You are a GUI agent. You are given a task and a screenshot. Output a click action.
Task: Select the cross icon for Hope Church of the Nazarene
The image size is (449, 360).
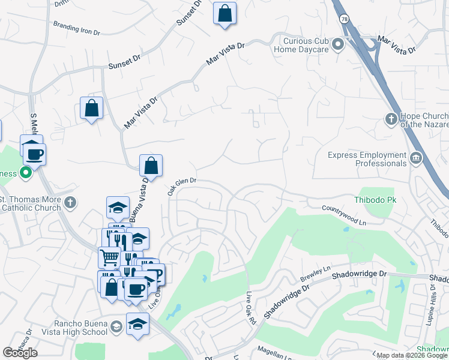391,120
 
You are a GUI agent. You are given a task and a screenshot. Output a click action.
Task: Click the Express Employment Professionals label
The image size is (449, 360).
367,159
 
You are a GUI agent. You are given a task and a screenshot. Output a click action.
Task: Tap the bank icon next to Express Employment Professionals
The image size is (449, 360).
415,159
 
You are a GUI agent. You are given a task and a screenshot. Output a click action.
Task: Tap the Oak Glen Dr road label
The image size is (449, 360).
181,186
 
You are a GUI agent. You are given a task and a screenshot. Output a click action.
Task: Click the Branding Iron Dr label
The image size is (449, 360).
76,28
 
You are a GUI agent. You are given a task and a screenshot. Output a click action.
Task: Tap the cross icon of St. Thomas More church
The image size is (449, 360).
70,202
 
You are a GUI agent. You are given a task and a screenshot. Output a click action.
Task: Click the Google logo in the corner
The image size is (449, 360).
20,353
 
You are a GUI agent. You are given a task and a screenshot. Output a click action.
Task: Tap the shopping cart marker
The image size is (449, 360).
109,258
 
